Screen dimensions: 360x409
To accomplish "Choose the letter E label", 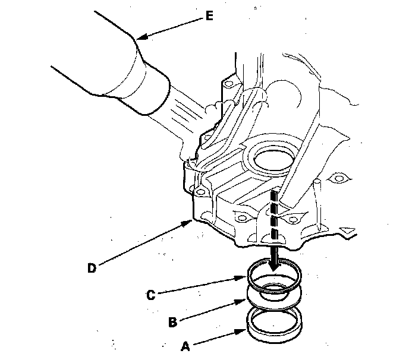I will pos(209,16).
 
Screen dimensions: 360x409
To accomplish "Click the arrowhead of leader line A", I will pos(246,330).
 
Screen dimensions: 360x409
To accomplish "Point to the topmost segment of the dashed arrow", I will pos(274,196).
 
